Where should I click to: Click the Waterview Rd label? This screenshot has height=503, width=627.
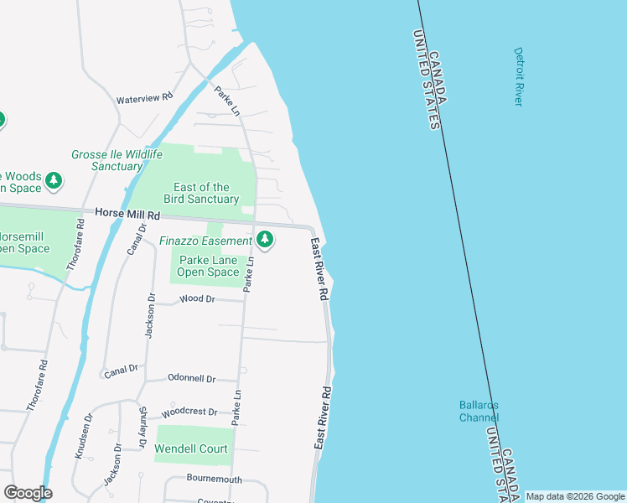click(x=143, y=98)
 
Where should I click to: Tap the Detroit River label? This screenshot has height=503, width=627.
click(x=518, y=76)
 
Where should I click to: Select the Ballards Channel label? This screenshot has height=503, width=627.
click(x=479, y=411)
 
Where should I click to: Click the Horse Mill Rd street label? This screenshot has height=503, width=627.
click(x=127, y=215)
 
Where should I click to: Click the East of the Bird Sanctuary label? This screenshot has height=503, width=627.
click(x=201, y=193)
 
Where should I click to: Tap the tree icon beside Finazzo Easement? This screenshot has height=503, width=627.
click(x=265, y=241)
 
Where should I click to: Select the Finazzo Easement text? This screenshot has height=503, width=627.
click(x=205, y=241)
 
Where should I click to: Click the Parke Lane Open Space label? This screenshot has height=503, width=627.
click(x=210, y=266)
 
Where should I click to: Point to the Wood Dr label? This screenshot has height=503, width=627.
click(x=198, y=299)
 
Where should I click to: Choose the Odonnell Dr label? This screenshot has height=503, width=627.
click(x=191, y=378)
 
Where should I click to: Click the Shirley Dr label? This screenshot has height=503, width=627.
click(x=143, y=427)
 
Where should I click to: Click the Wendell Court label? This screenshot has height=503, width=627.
click(x=191, y=449)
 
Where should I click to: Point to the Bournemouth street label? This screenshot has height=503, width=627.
click(x=214, y=480)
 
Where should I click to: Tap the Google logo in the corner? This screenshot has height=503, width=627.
click(x=28, y=493)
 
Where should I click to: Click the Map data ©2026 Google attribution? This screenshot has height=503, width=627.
click(x=574, y=497)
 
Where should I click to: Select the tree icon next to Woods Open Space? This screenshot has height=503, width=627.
click(x=54, y=180)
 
